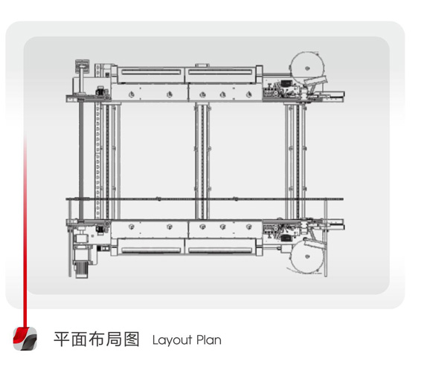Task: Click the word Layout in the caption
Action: (x=172, y=340)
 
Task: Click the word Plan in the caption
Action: (x=209, y=340)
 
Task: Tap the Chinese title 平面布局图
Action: (x=97, y=340)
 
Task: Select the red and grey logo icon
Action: (x=25, y=339)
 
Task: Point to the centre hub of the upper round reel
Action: (x=307, y=68)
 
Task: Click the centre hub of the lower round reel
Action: (x=307, y=256)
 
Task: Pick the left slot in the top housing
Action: (x=151, y=72)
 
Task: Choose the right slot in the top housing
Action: (x=220, y=72)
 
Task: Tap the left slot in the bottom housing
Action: (x=151, y=250)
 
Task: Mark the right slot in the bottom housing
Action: (x=220, y=250)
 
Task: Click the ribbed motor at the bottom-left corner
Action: (x=81, y=267)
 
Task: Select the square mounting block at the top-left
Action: (x=82, y=65)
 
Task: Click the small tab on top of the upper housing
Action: (x=202, y=65)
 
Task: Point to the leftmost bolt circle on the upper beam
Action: (x=132, y=94)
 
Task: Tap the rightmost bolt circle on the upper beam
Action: (x=248, y=94)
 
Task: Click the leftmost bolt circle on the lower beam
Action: (x=132, y=227)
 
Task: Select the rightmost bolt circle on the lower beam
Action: (x=248, y=227)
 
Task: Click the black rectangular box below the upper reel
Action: (x=286, y=83)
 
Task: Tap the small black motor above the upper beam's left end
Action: (x=100, y=91)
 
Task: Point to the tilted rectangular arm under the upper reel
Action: (x=316, y=80)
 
